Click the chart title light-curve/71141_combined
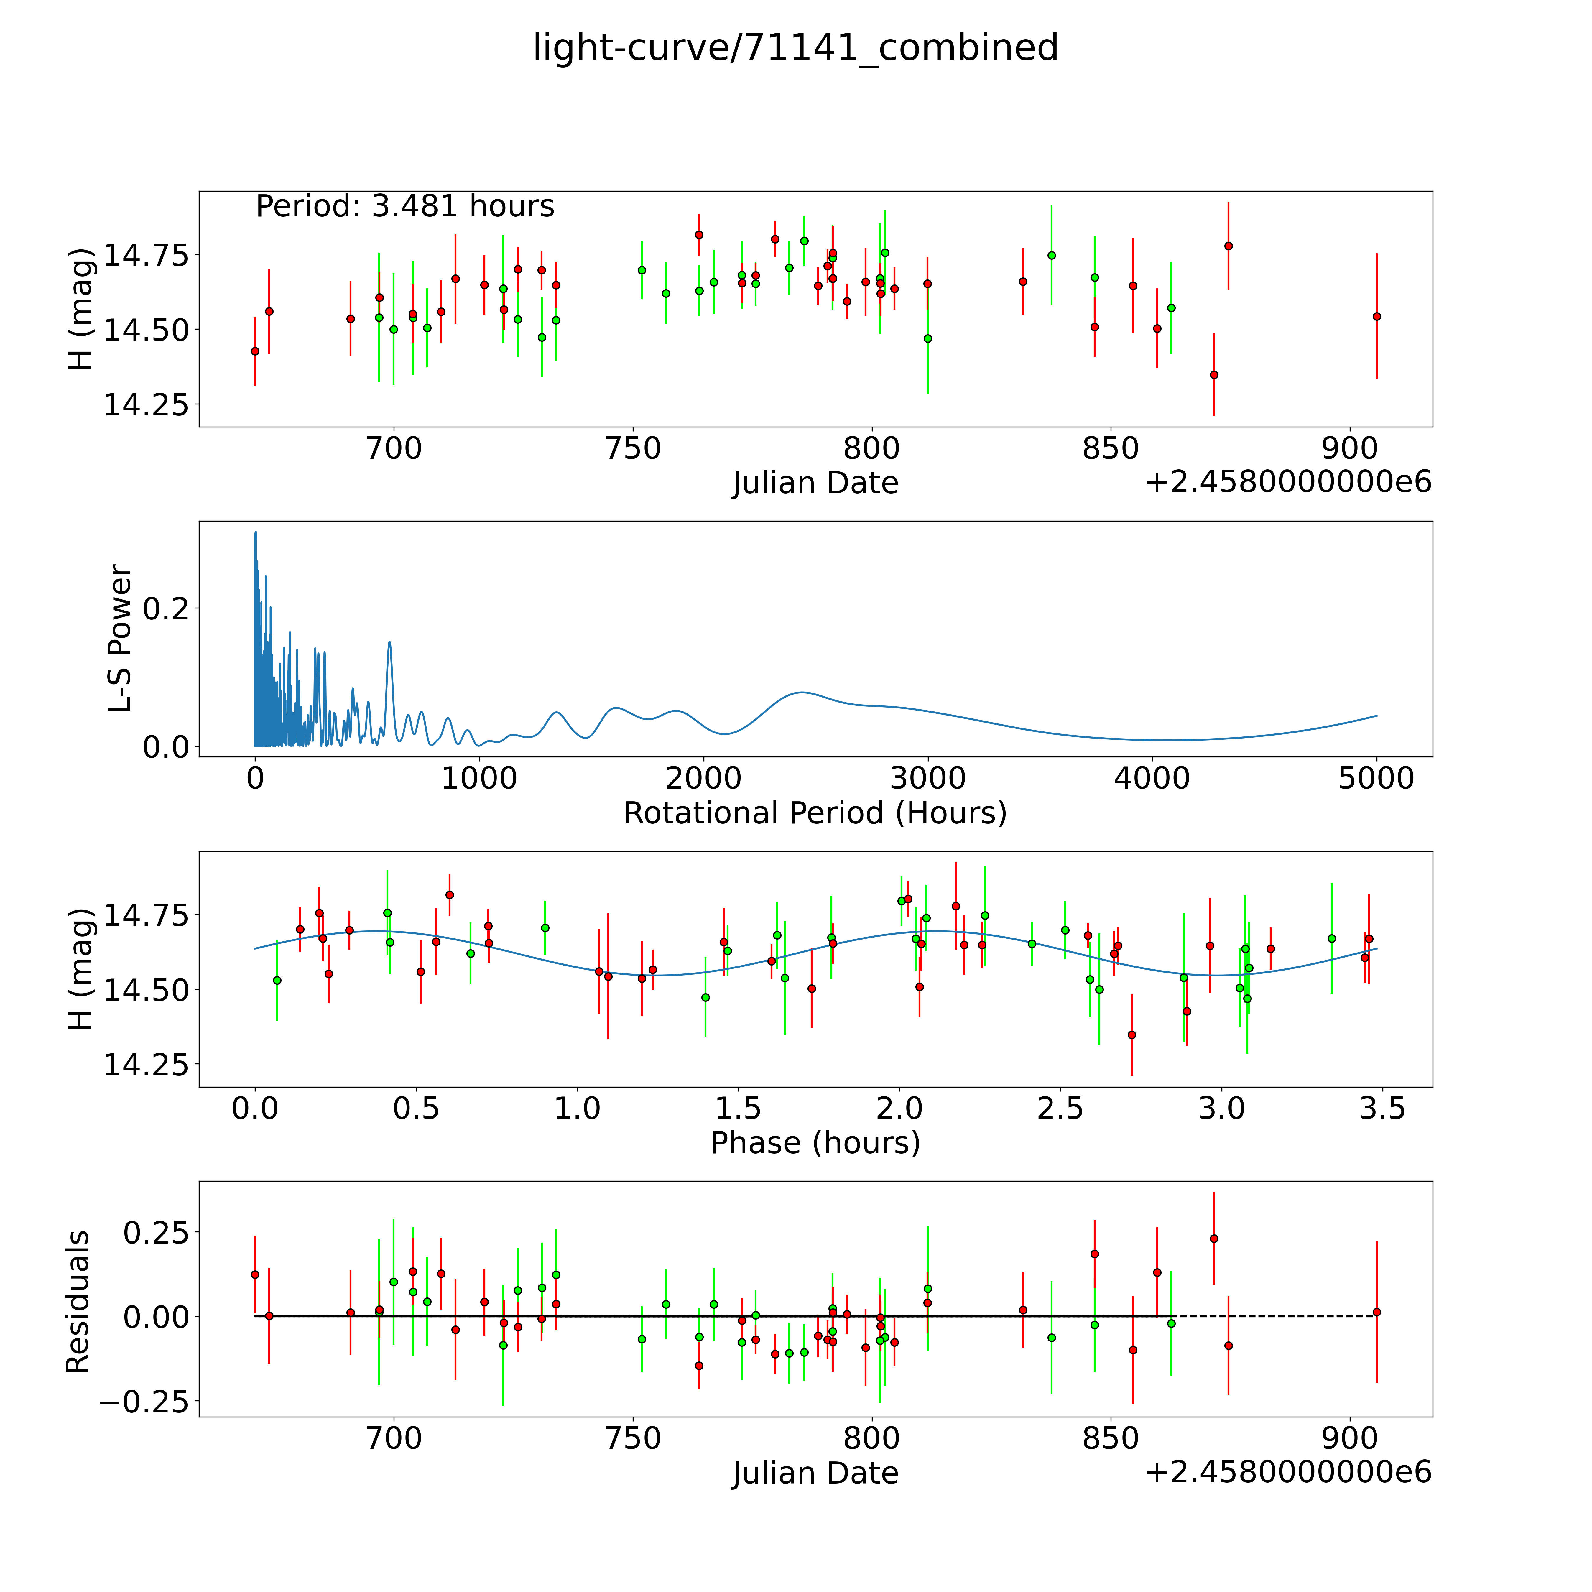click(795, 48)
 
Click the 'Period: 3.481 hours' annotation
click(404, 206)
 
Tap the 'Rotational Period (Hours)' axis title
click(815, 813)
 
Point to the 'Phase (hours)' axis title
click(815, 1143)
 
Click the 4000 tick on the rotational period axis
click(1152, 779)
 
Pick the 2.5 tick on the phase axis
click(1060, 1108)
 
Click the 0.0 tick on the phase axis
click(255, 1108)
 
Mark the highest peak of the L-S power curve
click(255, 532)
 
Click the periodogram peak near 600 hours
click(390, 642)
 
